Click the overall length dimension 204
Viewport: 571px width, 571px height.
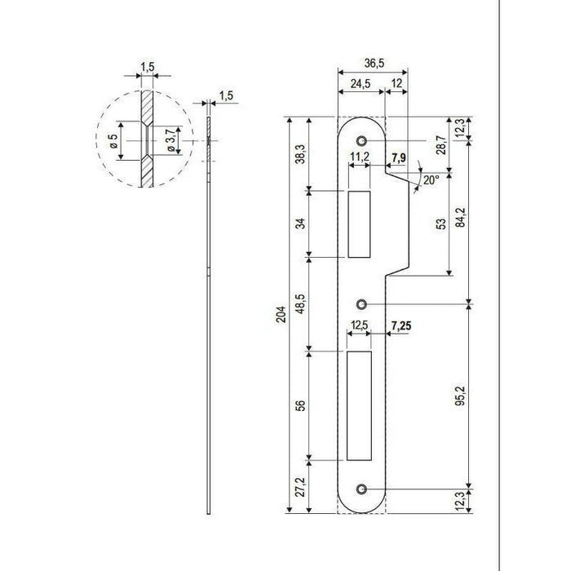coord(281,315)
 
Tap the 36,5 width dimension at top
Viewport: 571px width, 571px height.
coord(374,63)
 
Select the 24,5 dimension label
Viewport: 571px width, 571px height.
coord(361,84)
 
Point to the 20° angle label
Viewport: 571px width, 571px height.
coord(432,180)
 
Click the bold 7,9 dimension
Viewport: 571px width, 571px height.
coord(398,157)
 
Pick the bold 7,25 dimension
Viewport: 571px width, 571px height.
coord(401,325)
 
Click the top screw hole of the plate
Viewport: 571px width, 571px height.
coord(361,140)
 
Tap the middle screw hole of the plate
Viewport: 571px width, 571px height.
coord(361,303)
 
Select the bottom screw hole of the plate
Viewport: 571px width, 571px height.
coord(361,489)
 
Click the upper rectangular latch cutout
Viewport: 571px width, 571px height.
coord(359,224)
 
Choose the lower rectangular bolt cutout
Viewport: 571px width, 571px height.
coord(359,405)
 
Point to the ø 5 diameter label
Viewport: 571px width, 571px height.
coord(113,141)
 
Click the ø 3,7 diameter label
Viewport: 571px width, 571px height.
coord(170,141)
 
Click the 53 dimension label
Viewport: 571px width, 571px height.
coord(441,224)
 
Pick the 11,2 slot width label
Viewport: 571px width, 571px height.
coord(360,157)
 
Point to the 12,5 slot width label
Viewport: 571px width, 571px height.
coord(359,325)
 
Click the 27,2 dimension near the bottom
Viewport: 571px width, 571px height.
coord(300,486)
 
